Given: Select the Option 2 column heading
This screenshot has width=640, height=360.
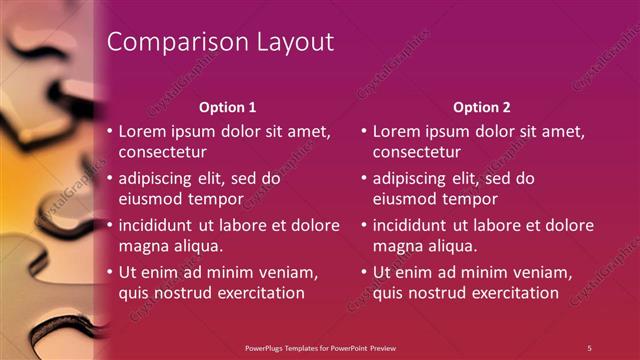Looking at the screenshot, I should [481, 107].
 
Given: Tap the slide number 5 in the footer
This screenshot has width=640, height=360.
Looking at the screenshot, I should [590, 348].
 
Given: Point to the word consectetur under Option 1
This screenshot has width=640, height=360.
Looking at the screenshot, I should [163, 153].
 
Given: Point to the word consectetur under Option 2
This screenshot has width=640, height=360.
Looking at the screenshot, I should [417, 153].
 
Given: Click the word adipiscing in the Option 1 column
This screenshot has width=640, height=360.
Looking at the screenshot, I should [159, 179].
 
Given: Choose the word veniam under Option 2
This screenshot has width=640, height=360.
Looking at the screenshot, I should [542, 272].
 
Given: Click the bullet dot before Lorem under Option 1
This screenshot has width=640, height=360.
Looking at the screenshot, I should [109, 131].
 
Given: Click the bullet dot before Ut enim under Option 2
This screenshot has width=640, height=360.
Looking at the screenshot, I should [363, 272].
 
